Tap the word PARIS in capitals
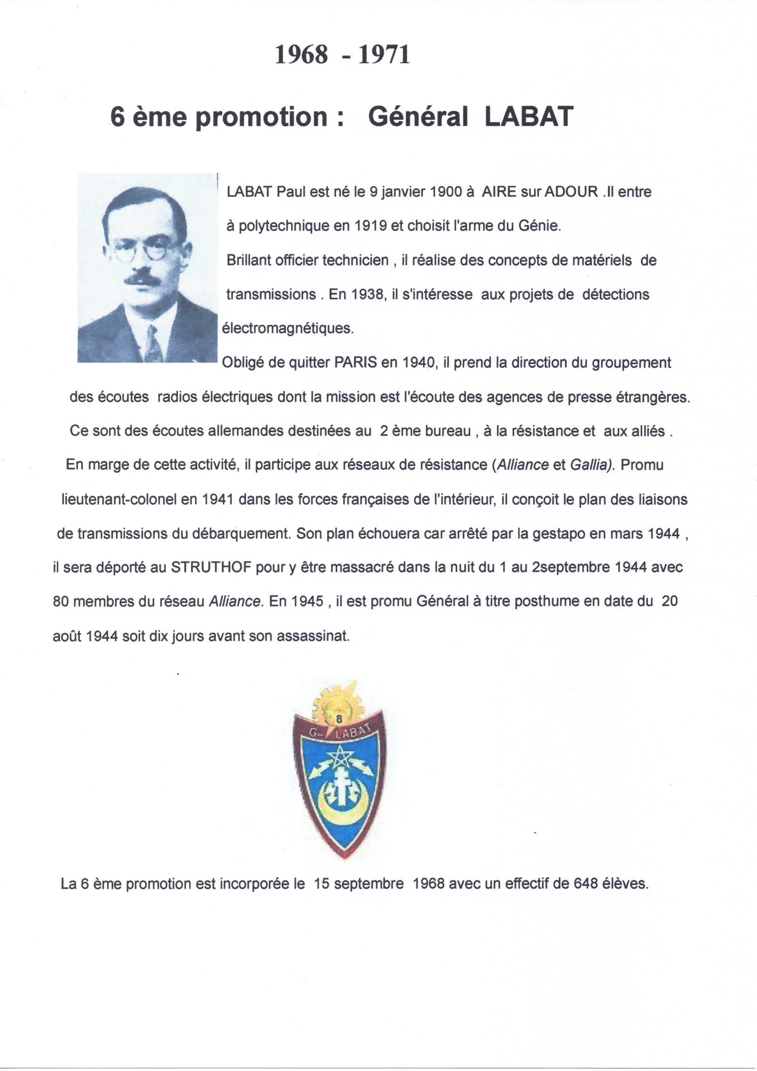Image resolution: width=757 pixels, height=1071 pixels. pos(356,362)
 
